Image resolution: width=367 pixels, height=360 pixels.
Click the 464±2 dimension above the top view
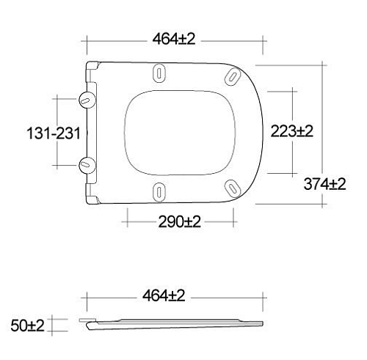pyautogui.click(x=174, y=39)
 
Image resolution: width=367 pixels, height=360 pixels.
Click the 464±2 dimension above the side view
pyautogui.click(x=164, y=295)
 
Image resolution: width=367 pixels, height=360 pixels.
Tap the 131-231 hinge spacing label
pyautogui.click(x=54, y=133)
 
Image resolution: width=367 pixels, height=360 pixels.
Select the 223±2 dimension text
pyautogui.click(x=291, y=131)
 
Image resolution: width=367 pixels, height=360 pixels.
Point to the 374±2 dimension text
pyautogui.click(x=324, y=184)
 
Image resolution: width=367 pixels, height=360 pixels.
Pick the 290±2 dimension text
pyautogui.click(x=180, y=221)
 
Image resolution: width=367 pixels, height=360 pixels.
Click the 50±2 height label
pyautogui.click(x=27, y=326)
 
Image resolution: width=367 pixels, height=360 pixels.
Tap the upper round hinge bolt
pyautogui.click(x=87, y=100)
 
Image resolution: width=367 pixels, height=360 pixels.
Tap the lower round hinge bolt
pyautogui.click(x=87, y=165)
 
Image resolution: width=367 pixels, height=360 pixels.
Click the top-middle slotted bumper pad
pyautogui.click(x=159, y=73)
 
